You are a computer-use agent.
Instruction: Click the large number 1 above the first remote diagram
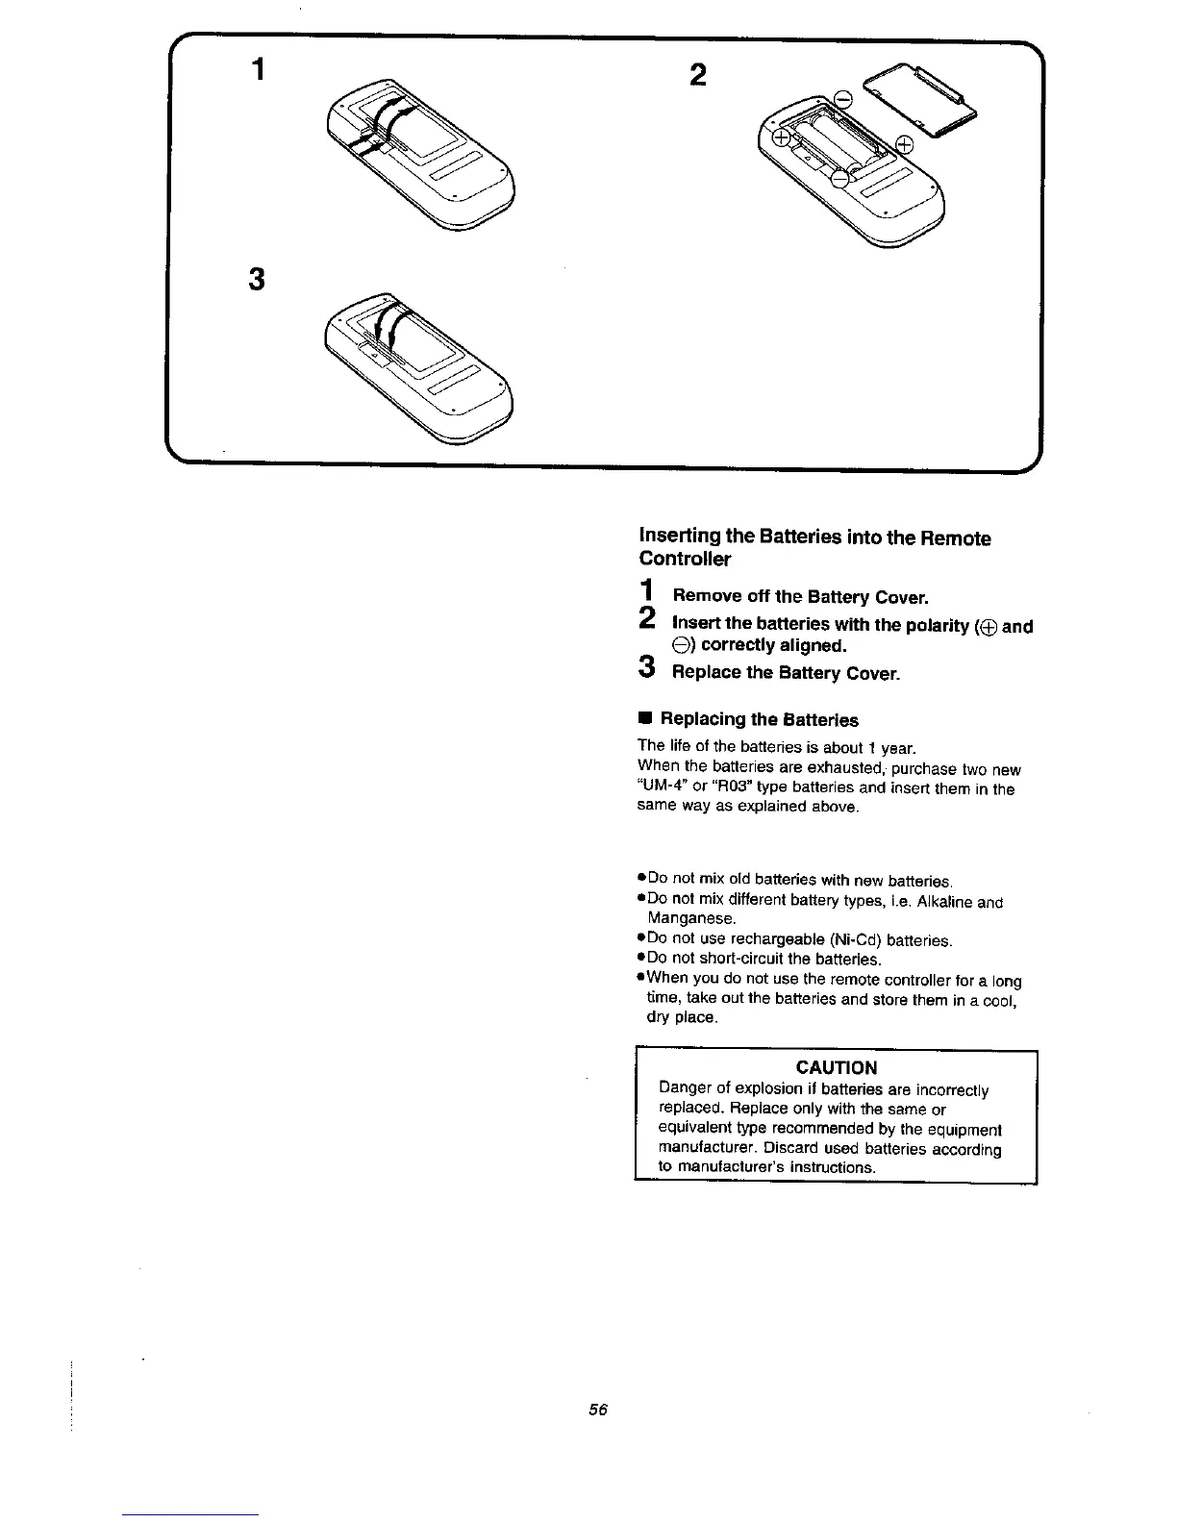click(x=257, y=71)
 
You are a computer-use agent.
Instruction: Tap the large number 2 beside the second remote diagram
click(x=699, y=74)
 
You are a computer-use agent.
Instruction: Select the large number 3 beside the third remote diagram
click(x=257, y=280)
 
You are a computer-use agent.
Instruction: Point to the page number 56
click(x=598, y=1410)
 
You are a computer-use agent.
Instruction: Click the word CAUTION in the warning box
click(x=836, y=1067)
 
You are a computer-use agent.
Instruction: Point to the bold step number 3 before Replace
click(x=647, y=667)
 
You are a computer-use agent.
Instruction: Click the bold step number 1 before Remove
click(x=647, y=591)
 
